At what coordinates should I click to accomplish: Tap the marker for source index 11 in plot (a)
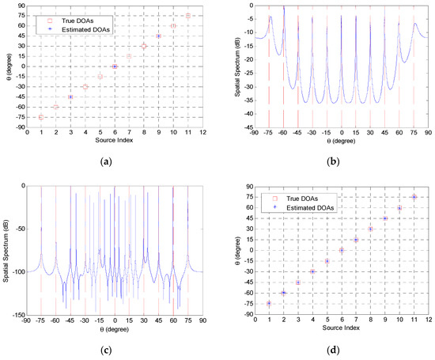(188, 16)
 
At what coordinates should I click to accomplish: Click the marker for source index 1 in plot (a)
(40, 117)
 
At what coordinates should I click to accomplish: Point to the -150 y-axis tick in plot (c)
(18, 315)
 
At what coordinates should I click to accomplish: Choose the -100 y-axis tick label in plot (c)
(18, 272)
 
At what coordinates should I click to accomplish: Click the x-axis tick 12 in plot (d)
(428, 320)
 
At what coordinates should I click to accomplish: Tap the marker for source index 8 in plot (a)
(144, 47)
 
